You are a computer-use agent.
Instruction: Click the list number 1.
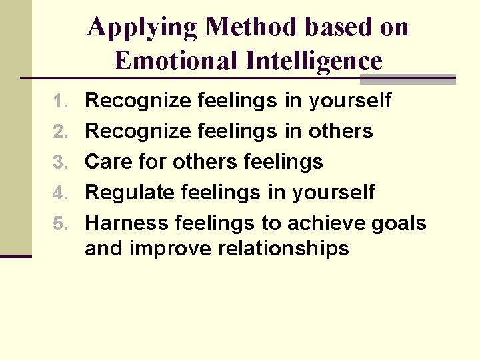(x=61, y=101)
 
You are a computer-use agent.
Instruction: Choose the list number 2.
(x=61, y=132)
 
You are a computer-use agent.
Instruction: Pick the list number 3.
(x=61, y=162)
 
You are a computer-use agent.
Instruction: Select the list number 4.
(x=61, y=193)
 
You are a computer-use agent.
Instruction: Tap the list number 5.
(x=61, y=223)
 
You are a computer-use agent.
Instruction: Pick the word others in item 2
(x=341, y=132)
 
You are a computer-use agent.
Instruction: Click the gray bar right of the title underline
(x=407, y=79)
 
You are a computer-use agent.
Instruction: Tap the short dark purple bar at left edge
(x=16, y=255)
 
